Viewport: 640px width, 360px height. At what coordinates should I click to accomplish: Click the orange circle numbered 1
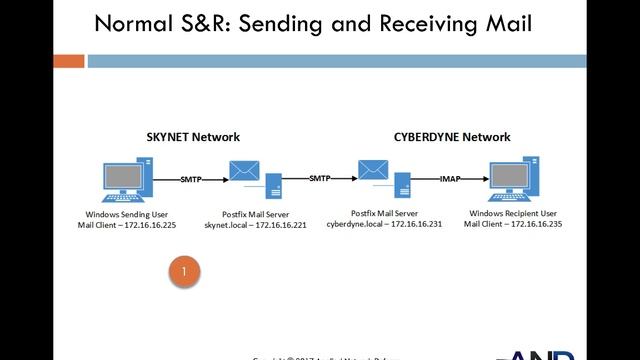click(x=184, y=271)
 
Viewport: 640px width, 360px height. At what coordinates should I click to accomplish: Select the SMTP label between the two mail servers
click(x=320, y=179)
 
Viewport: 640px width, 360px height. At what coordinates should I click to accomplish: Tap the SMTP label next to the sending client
click(x=192, y=179)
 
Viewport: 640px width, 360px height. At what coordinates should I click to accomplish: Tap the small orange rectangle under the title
click(x=68, y=61)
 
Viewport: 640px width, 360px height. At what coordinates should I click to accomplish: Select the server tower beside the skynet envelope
click(x=272, y=186)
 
